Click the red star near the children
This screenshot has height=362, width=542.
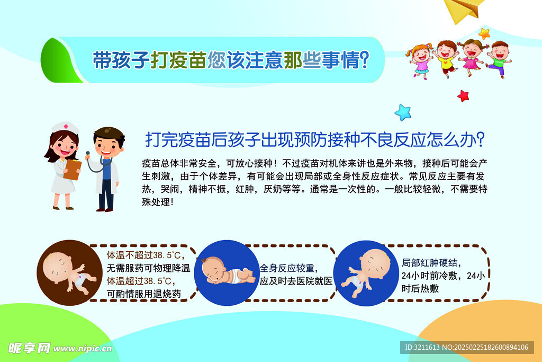463,96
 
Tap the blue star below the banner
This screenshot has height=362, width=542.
403,112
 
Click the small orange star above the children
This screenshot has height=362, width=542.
484,34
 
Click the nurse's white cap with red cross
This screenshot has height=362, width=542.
65,127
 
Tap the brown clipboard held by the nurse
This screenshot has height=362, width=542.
73,169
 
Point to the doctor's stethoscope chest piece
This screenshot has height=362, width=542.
88,153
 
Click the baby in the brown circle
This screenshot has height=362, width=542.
67,272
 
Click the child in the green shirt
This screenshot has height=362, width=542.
499,59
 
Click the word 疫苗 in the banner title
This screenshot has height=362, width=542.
188,60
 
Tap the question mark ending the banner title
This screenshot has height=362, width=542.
364,59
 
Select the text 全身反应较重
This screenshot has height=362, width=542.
287,268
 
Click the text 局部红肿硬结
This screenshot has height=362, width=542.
429,263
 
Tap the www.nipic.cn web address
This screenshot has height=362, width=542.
83,348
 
